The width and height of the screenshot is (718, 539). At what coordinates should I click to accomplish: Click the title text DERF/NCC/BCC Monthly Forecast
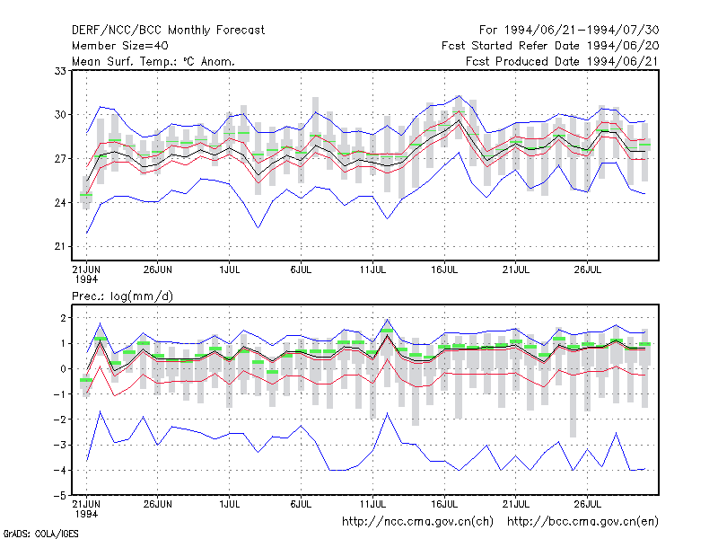tap(168, 31)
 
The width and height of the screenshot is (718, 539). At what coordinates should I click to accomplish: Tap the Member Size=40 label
tap(120, 46)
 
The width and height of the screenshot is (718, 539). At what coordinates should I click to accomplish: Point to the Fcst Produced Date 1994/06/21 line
tap(562, 61)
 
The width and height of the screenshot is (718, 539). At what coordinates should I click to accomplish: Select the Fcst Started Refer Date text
tap(510, 46)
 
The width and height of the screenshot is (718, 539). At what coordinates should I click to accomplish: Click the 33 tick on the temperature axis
tap(60, 71)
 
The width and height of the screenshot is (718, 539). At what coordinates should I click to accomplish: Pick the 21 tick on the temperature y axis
tap(60, 246)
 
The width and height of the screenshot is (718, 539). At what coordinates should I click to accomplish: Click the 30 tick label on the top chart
tap(60, 115)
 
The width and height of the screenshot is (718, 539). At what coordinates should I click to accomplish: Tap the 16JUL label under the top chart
tap(444, 270)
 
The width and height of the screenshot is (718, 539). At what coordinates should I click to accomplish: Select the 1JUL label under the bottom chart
tap(230, 504)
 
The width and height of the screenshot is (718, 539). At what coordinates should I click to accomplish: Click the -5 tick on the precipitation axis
tap(60, 496)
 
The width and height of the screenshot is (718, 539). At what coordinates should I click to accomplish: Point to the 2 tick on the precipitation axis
tap(63, 318)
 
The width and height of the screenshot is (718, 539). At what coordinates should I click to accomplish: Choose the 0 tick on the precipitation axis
tap(63, 369)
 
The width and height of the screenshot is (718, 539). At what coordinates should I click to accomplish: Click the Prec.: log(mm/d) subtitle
tap(122, 296)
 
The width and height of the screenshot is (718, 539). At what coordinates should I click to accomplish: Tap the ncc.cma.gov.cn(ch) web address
tap(417, 522)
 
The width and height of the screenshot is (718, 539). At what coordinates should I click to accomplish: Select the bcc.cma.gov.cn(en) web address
tap(582, 522)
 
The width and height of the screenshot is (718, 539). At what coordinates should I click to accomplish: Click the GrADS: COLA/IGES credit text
tap(40, 534)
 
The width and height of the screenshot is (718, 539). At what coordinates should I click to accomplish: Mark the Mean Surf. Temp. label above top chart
tap(153, 61)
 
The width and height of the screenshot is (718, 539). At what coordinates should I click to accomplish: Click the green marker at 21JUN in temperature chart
tap(86, 195)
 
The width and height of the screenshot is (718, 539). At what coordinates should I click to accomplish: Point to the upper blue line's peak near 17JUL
tap(459, 96)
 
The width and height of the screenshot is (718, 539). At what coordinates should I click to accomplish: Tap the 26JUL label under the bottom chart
tap(588, 504)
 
